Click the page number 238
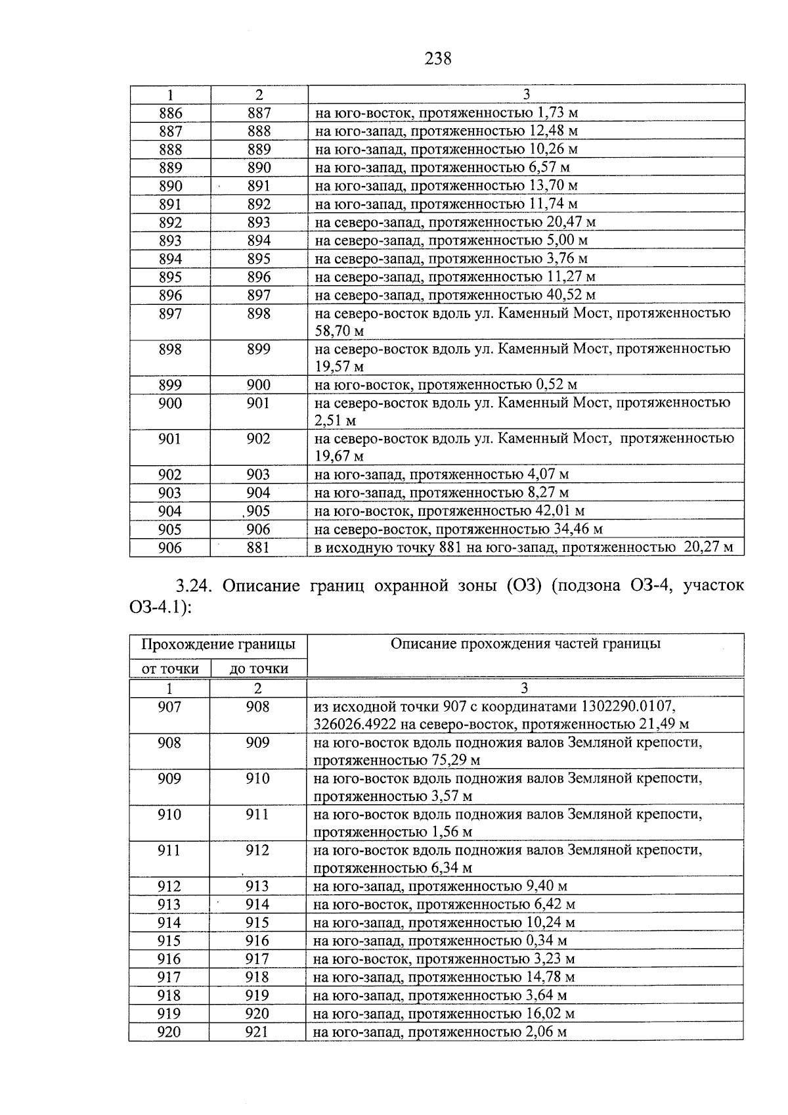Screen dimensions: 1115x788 [x=438, y=59]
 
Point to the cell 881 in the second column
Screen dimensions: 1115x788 [x=258, y=547]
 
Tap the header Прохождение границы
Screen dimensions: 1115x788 [x=218, y=645]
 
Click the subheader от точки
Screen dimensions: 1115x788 [x=170, y=669]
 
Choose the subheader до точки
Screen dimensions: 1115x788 [x=258, y=669]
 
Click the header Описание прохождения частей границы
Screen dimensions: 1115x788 [x=525, y=644]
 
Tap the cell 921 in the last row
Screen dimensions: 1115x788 [x=257, y=1032]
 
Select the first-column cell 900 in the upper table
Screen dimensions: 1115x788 [x=170, y=403]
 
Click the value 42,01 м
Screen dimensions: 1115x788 [x=560, y=511]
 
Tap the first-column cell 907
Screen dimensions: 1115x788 [x=169, y=707]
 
